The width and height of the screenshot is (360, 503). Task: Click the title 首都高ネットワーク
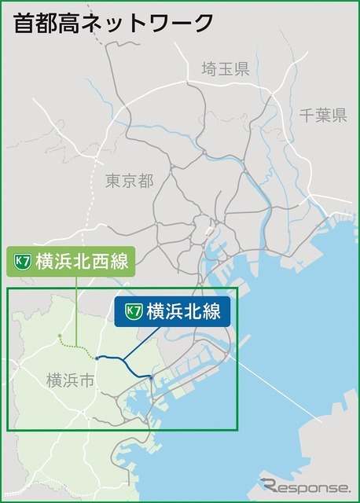113,23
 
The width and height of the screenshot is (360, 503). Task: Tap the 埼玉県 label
225,69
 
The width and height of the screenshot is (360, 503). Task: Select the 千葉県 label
322,116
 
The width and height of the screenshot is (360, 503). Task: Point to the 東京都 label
130,182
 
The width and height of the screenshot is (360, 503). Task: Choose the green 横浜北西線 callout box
70,261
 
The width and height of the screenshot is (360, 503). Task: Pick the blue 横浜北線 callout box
172,311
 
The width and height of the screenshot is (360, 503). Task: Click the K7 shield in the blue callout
134,312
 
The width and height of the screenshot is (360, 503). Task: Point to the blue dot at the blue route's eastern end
150,379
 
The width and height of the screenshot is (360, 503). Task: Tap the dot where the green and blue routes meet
96,358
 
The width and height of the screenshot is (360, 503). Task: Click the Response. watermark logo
305,485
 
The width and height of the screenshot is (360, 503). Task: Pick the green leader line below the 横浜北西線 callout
75,310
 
